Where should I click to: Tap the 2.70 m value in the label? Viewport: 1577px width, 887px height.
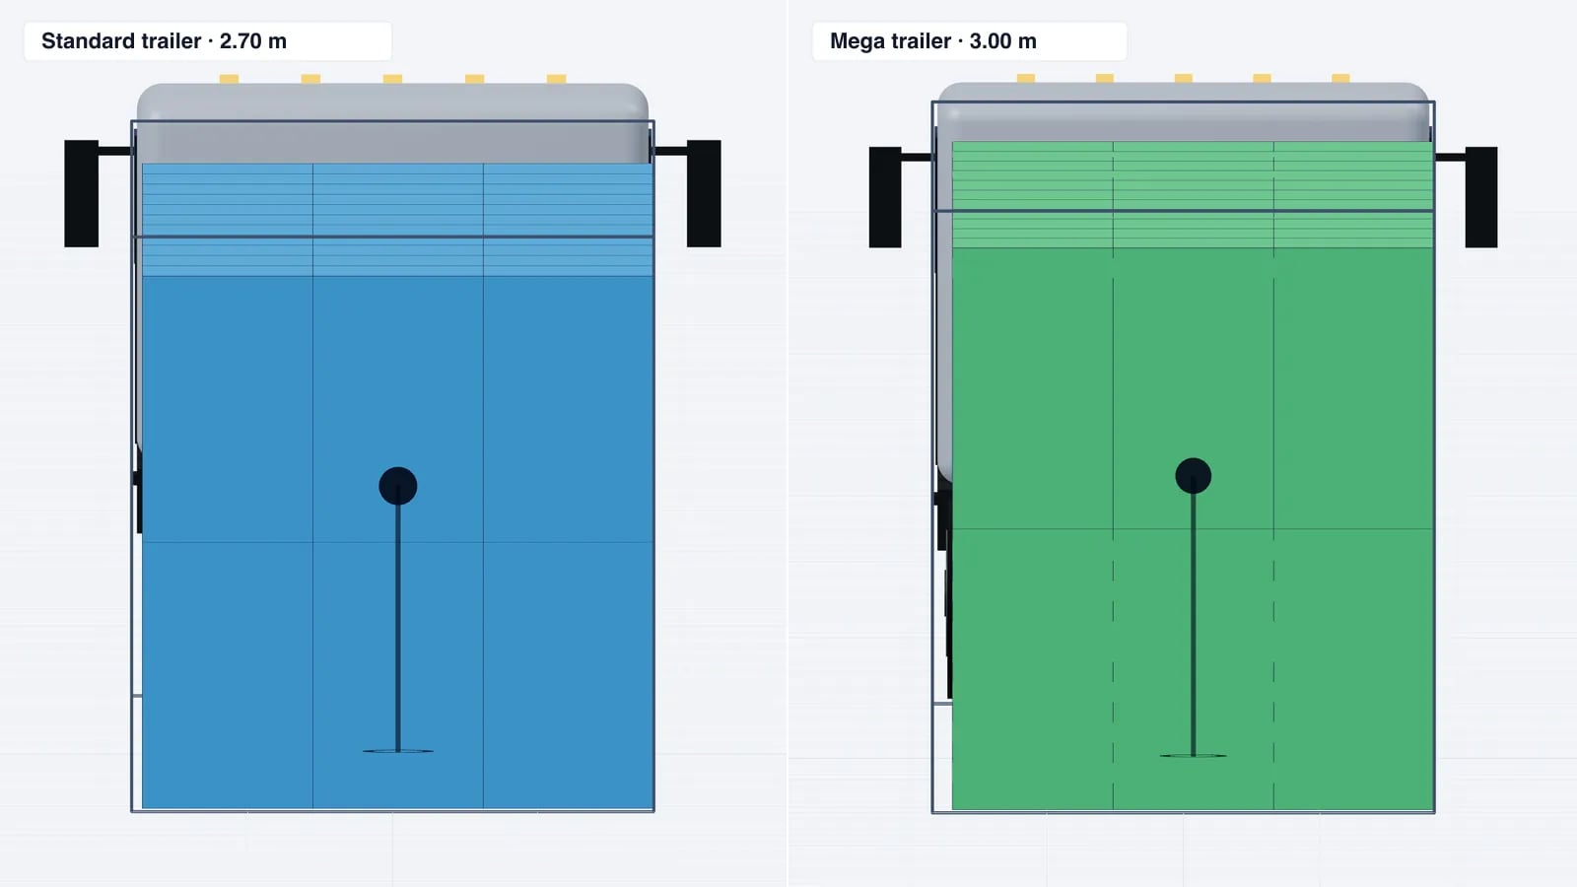pos(252,40)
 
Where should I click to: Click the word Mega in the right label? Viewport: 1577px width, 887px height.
pos(856,41)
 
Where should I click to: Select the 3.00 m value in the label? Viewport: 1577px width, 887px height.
pos(1002,40)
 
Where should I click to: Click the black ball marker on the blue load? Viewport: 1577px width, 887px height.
pos(398,486)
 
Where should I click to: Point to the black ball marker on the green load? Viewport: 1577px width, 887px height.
pos(1194,476)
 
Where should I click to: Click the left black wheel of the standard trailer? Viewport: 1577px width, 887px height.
pos(82,193)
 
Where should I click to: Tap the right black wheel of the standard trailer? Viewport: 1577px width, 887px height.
pos(704,193)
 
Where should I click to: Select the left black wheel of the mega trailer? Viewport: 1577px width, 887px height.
pos(885,197)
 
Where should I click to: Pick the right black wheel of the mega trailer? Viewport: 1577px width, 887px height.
pos(1481,197)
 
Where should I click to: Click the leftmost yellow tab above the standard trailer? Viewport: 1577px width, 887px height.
pos(229,79)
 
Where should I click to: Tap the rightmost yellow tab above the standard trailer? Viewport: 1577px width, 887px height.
pos(556,79)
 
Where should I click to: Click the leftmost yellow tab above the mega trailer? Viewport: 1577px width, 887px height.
pos(1026,78)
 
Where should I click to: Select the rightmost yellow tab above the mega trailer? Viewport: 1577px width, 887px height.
pos(1340,78)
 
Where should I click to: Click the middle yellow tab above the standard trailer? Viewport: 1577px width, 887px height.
pos(392,79)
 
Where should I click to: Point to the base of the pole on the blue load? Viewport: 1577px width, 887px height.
pos(398,751)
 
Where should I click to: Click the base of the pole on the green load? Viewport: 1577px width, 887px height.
pos(1194,755)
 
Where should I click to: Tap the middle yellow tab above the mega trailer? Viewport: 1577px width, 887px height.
pos(1184,78)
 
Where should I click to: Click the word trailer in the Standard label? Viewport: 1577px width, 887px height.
pos(171,40)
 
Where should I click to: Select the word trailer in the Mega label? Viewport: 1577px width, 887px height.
pos(921,40)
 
